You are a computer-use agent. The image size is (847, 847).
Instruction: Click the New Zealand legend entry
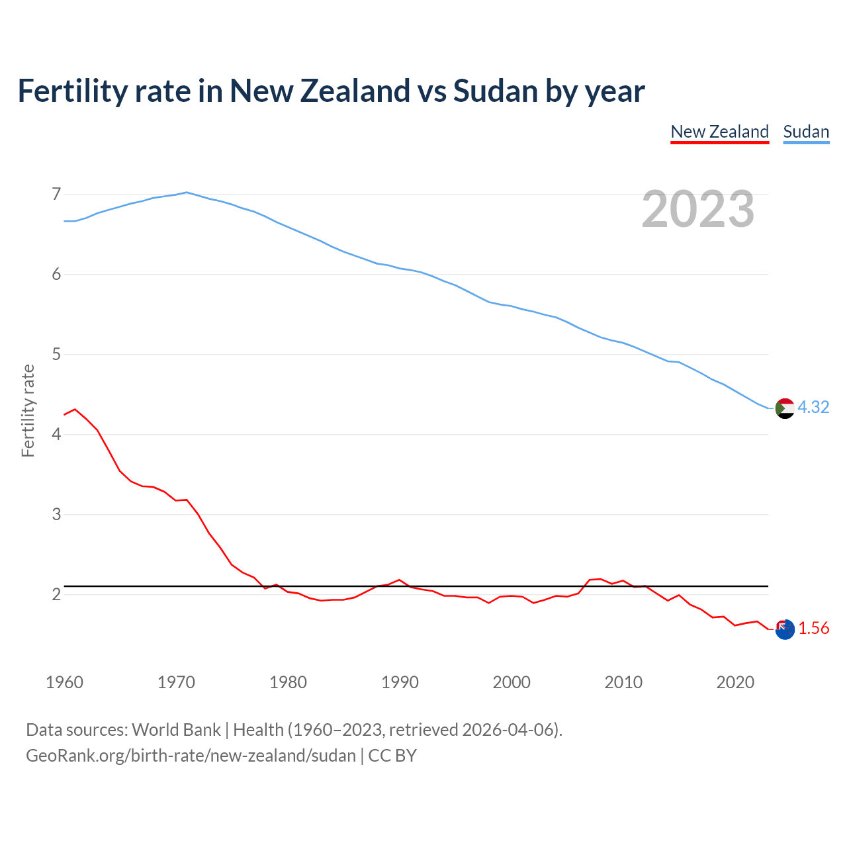tap(719, 132)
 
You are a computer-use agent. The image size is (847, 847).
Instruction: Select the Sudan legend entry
tap(805, 132)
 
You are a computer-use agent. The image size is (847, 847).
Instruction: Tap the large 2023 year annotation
tap(697, 209)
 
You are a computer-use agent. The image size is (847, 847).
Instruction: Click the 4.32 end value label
tap(813, 407)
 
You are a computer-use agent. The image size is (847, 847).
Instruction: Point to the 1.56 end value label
tap(813, 628)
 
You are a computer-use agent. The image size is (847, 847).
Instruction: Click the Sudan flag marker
tap(784, 408)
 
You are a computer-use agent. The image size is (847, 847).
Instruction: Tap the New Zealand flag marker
tap(784, 629)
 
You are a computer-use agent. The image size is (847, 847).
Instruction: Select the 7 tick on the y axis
tap(56, 194)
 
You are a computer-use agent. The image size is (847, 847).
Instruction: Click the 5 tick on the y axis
tap(56, 354)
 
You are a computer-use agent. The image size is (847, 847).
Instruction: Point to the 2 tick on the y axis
tap(56, 594)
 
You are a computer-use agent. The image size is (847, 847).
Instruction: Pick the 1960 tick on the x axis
tap(64, 682)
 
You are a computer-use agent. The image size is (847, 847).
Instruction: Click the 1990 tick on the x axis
tap(400, 682)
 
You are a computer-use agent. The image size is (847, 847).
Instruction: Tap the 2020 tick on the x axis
tap(735, 682)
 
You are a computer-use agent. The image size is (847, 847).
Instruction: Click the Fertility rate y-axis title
tap(28, 410)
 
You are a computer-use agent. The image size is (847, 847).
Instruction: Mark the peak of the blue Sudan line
tap(187, 192)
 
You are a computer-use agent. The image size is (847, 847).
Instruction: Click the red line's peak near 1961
tap(75, 409)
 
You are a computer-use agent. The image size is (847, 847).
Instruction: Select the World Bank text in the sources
tap(176, 729)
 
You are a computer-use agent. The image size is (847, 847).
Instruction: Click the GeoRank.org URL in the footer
tap(191, 755)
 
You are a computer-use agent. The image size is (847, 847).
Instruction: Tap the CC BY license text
tap(392, 755)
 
